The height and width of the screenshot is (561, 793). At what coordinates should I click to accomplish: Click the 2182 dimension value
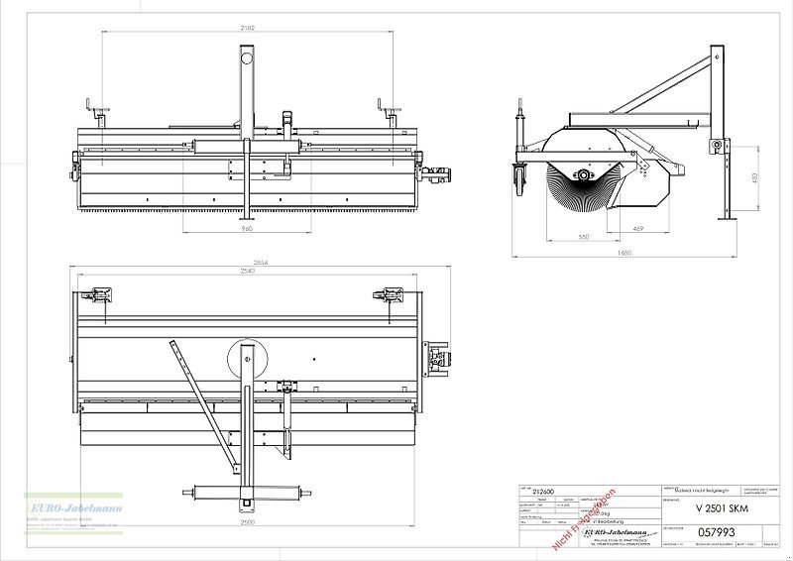[247, 28]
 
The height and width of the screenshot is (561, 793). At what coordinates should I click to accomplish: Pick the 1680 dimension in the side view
[622, 253]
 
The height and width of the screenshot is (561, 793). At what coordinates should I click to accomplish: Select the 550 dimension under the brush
[583, 237]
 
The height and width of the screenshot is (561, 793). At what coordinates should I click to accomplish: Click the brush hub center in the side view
[585, 175]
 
